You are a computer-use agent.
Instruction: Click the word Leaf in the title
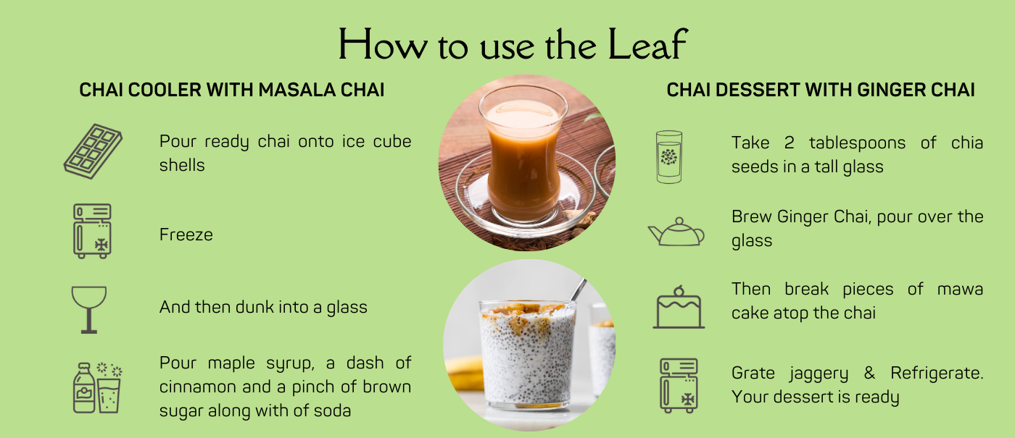pyautogui.click(x=648, y=44)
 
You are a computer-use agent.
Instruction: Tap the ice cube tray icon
pyautogui.click(x=93, y=151)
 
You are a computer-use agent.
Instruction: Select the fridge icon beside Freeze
pyautogui.click(x=93, y=231)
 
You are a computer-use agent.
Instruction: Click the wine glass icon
pyautogui.click(x=88, y=310)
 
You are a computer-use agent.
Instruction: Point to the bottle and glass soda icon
pyautogui.click(x=97, y=388)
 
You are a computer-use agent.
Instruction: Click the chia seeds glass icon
pyautogui.click(x=668, y=157)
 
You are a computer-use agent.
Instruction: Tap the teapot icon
pyautogui.click(x=676, y=232)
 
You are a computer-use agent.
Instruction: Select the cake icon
pyautogui.click(x=679, y=307)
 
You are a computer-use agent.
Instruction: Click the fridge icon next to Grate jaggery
pyautogui.click(x=679, y=385)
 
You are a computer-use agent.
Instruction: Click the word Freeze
pyautogui.click(x=186, y=235)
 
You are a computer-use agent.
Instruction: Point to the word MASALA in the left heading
pyautogui.click(x=297, y=90)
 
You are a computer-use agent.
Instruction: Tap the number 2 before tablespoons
pyautogui.click(x=789, y=143)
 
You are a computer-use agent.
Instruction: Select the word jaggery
pyautogui.click(x=819, y=374)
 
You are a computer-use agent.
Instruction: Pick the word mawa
pyautogui.click(x=960, y=289)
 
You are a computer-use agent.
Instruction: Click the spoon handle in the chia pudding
pyautogui.click(x=578, y=290)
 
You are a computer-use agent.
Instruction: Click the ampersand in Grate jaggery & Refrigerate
pyautogui.click(x=869, y=372)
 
